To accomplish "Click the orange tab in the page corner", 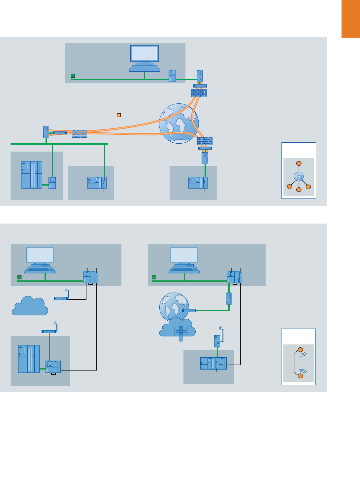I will (x=350, y=19).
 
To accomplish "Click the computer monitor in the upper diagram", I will (x=145, y=53).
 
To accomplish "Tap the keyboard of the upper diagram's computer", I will (x=145, y=68).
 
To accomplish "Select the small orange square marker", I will (x=119, y=115).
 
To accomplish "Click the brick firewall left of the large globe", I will (x=80, y=133).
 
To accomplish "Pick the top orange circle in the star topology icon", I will (x=299, y=163).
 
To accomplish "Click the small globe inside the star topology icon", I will (x=299, y=177).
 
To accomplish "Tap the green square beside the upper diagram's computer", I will (x=73, y=76).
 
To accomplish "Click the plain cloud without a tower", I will (x=29, y=306).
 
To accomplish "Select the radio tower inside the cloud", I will (x=181, y=332).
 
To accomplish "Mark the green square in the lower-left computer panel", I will (x=19, y=277).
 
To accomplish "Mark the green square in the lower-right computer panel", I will (x=154, y=277).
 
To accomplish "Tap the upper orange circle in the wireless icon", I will (x=300, y=350).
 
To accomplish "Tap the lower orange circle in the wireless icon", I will (x=300, y=376).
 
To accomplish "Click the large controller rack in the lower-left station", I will (x=29, y=359).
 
